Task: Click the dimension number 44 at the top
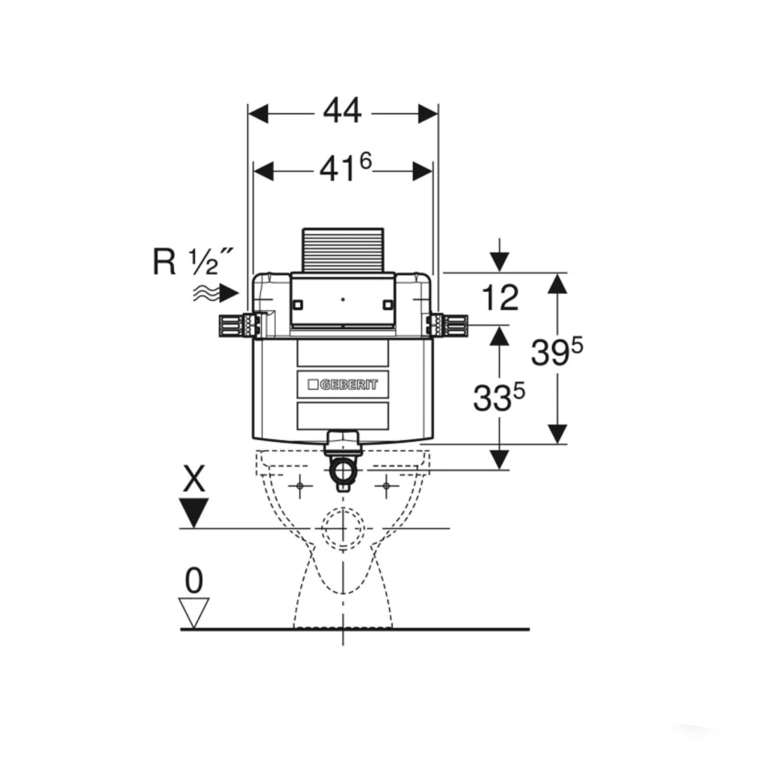pyautogui.click(x=342, y=111)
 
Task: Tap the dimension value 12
pyautogui.click(x=500, y=298)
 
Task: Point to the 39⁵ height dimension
pyautogui.click(x=557, y=352)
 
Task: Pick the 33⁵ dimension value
pyautogui.click(x=499, y=398)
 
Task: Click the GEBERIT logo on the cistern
pyautogui.click(x=343, y=385)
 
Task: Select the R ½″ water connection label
pyautogui.click(x=193, y=261)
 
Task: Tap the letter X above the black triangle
pyautogui.click(x=194, y=479)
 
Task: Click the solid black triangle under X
pyautogui.click(x=194, y=512)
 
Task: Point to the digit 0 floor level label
pyautogui.click(x=194, y=581)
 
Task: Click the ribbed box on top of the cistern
pyautogui.click(x=343, y=250)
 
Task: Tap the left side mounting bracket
pyautogui.click(x=240, y=325)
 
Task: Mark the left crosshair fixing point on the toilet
pyautogui.click(x=300, y=485)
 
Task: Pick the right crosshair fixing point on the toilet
pyautogui.click(x=386, y=485)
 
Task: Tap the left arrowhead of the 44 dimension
pyautogui.click(x=258, y=114)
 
